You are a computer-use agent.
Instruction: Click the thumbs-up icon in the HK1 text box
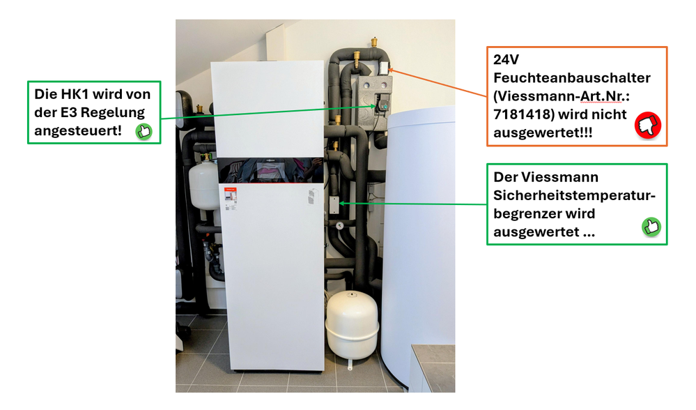[x=144, y=130]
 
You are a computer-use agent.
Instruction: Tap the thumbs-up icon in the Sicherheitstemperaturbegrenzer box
[x=651, y=227]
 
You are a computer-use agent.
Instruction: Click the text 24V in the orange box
[x=508, y=60]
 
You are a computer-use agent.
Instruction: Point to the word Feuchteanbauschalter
[x=562, y=78]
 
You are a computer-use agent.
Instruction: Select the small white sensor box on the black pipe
[x=334, y=204]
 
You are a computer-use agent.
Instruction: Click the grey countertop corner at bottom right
[x=433, y=363]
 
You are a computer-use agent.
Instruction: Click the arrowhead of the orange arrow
[x=393, y=70]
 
